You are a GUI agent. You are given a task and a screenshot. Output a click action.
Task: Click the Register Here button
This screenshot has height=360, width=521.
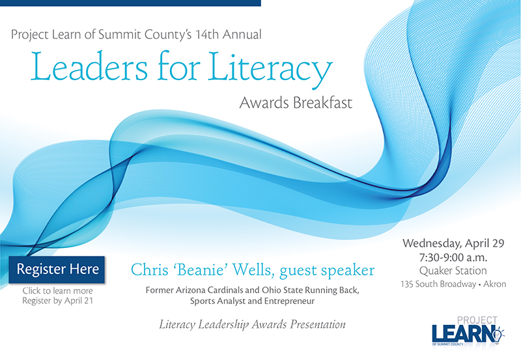[57, 270]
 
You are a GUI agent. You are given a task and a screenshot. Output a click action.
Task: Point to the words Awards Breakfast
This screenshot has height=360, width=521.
[296, 103]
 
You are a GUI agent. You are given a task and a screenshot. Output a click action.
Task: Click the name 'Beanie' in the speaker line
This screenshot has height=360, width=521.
[201, 270]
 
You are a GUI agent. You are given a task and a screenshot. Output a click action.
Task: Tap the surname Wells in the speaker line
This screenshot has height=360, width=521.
[253, 270]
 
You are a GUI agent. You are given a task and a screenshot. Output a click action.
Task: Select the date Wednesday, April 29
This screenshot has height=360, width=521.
[453, 243]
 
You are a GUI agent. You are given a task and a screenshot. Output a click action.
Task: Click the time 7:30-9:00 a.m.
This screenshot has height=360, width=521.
[453, 257]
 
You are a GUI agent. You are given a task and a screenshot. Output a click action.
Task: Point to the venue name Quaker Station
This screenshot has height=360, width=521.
[453, 271]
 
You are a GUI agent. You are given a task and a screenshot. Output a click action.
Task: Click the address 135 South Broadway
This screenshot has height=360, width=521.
[438, 284]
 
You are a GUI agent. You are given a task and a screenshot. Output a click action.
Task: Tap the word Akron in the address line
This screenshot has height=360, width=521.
[495, 284]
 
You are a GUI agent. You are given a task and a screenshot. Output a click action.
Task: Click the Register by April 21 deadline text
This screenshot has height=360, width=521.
[57, 301]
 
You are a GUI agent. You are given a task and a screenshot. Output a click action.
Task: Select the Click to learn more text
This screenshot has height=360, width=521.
[57, 290]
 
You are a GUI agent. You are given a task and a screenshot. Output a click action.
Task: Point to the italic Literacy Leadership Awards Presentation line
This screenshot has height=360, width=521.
[252, 324]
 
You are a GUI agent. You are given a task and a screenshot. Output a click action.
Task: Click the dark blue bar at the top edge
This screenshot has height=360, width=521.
[130, 3]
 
